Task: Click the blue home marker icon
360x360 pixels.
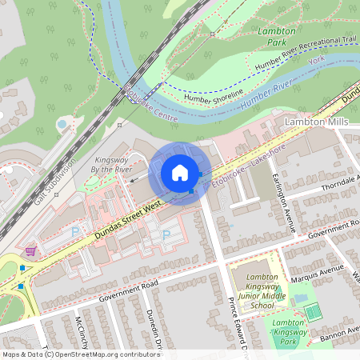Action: (x=180, y=173)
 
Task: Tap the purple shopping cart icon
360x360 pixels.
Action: (x=30, y=251)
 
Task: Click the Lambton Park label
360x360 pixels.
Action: (x=276, y=37)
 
